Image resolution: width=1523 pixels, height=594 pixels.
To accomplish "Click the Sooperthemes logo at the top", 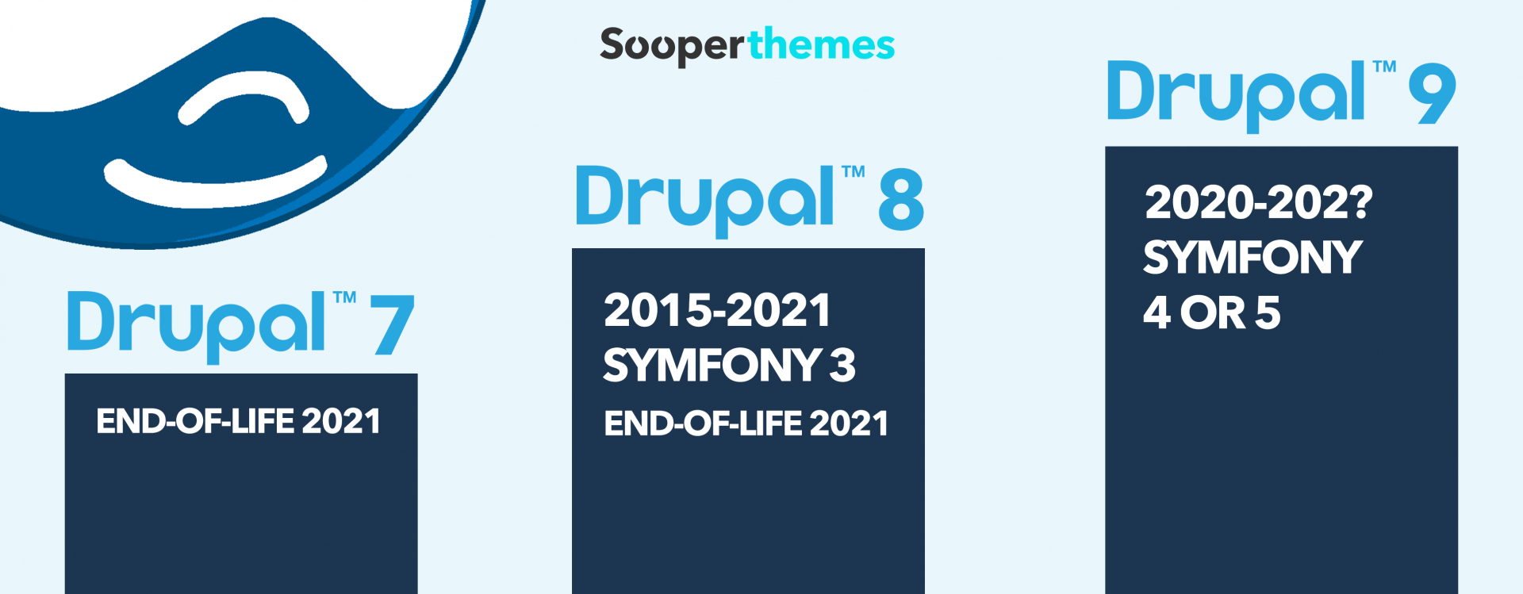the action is click(747, 46).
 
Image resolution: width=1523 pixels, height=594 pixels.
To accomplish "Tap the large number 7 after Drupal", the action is click(393, 324).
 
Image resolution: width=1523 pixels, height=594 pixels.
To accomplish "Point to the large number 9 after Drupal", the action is click(1433, 94).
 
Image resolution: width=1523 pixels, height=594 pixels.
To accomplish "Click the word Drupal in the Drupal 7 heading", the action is click(196, 326).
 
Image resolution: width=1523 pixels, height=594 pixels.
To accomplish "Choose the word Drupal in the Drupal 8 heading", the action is click(704, 201).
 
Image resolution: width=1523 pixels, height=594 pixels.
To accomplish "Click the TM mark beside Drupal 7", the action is click(344, 298).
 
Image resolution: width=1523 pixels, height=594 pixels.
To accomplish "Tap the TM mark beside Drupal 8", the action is click(853, 172).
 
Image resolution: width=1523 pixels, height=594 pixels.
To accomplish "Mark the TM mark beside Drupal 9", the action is click(1384, 67).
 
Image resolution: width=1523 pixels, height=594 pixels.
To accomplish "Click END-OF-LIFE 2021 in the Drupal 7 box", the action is click(238, 421).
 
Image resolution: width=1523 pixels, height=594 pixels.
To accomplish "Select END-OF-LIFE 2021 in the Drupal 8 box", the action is click(746, 423).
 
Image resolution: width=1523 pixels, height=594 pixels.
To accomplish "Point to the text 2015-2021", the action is click(717, 310).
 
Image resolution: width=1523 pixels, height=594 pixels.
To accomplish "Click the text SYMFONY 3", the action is click(729, 365).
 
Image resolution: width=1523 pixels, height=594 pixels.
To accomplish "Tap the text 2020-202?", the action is click(1258, 202).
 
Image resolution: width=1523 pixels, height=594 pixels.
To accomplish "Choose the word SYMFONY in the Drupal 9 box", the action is click(1253, 257).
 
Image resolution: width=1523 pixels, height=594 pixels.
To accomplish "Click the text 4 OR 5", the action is click(1211, 312).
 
